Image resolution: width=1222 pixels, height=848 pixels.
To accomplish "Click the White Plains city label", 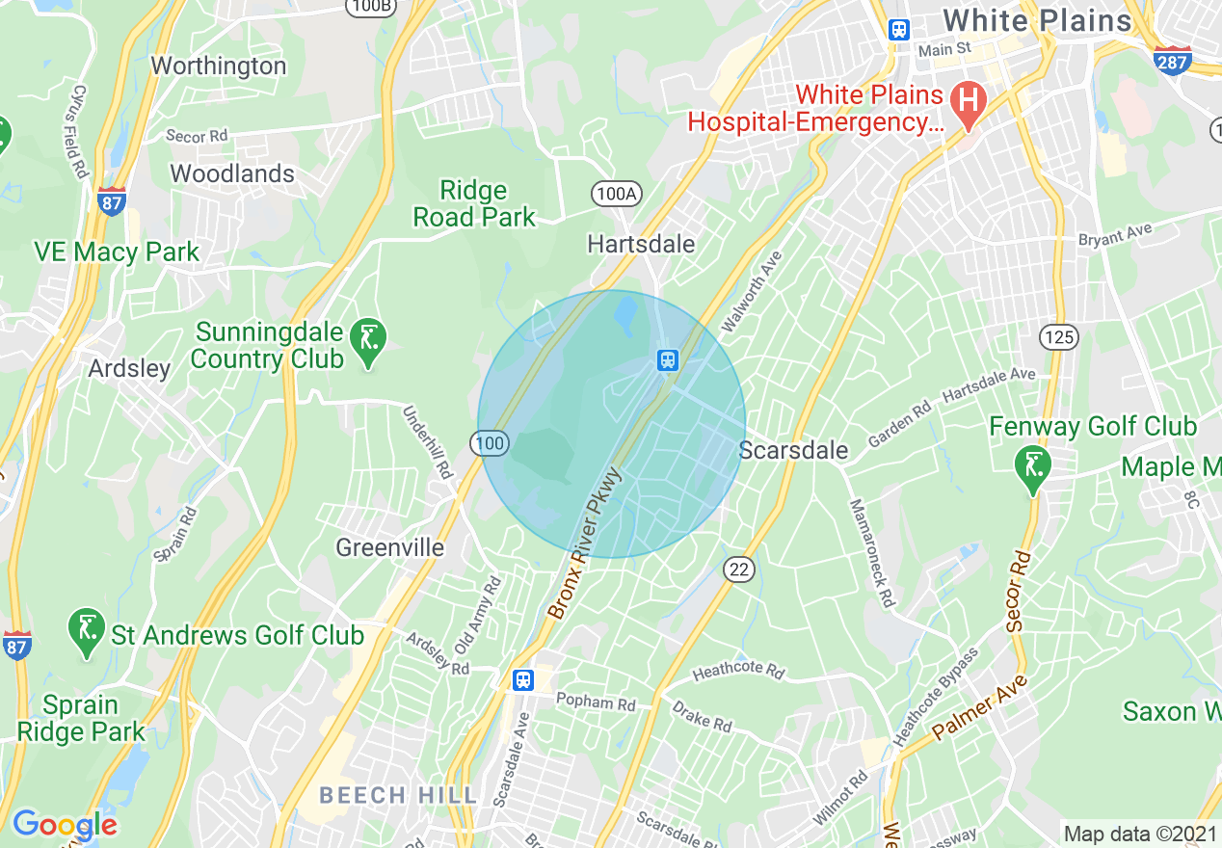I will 1037,20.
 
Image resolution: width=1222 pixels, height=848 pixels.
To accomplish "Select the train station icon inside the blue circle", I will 667,361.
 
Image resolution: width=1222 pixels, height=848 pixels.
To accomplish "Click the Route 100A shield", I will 616,194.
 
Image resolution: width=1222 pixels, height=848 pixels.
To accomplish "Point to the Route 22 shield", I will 738,570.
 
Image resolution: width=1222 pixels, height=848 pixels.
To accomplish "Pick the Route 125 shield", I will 1058,336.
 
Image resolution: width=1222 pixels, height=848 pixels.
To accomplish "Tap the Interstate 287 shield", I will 1172,60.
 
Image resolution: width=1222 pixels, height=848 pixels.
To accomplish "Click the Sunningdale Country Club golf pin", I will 367,341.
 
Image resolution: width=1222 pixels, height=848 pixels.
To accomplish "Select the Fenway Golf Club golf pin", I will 1033,468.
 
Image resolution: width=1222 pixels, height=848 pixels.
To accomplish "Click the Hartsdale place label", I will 641,244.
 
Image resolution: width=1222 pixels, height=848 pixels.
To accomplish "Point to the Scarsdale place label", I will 793,450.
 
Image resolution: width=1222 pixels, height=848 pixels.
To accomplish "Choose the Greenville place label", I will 389,547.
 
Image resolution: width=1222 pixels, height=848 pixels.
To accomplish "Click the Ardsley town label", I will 129,368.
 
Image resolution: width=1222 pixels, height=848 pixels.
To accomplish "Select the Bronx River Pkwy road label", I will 586,544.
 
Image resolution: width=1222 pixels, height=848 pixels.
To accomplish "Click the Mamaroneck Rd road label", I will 871,552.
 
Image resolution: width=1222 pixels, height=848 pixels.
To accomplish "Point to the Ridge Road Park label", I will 473,203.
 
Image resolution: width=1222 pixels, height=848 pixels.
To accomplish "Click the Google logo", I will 65,825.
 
